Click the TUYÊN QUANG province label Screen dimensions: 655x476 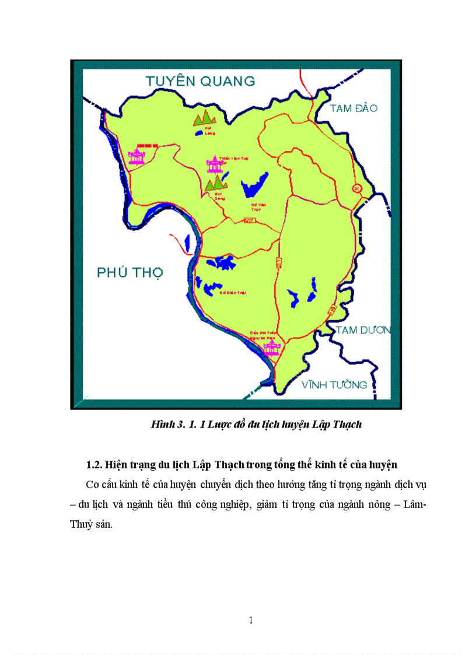coord(192,80)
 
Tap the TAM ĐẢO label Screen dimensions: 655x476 coord(353,108)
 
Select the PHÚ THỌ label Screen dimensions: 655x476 coord(129,272)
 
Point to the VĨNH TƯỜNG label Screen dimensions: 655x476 coord(334,384)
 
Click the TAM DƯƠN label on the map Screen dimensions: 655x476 coord(362,330)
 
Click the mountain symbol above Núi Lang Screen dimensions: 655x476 coord(205,118)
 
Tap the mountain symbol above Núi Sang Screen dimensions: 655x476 coord(216,183)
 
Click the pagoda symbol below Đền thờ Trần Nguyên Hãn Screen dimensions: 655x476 coord(271,349)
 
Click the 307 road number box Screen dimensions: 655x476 coord(250,220)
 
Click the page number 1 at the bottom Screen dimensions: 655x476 coord(251,620)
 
